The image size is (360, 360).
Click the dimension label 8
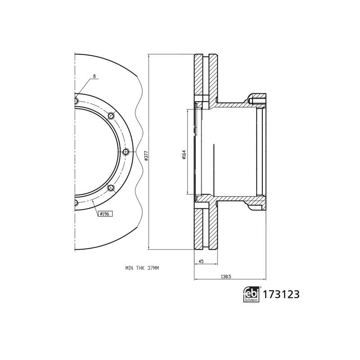[94, 77]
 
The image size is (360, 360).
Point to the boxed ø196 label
[105, 213]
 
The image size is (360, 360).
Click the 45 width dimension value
[201, 261]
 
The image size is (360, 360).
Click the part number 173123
[281, 295]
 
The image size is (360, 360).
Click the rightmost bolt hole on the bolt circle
[126, 151]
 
